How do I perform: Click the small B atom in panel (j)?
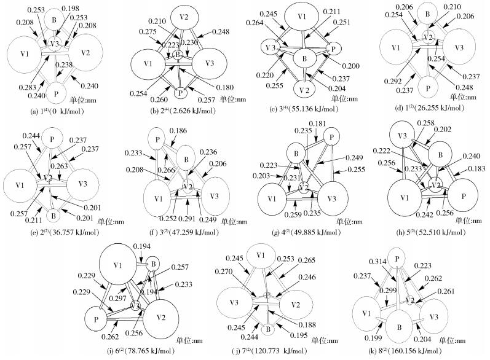point(268,330)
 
